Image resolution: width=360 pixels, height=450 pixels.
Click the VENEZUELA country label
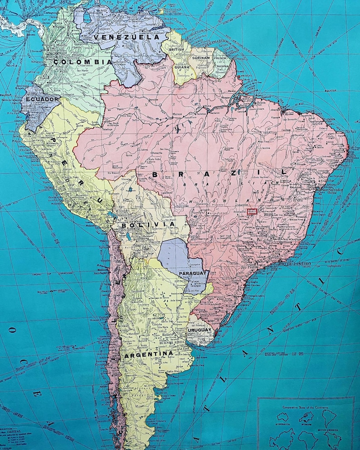pos(128,36)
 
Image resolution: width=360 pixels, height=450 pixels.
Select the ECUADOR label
pos(42,99)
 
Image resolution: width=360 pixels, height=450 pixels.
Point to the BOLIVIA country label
pos(141,225)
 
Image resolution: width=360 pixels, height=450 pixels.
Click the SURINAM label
pos(200,58)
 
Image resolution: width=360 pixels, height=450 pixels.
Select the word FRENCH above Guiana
pos(220,58)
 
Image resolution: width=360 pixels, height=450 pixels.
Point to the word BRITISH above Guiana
pos(177,50)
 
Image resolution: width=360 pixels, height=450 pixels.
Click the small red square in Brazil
pos(253,210)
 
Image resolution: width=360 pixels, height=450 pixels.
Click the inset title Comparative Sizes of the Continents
pos(306,408)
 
